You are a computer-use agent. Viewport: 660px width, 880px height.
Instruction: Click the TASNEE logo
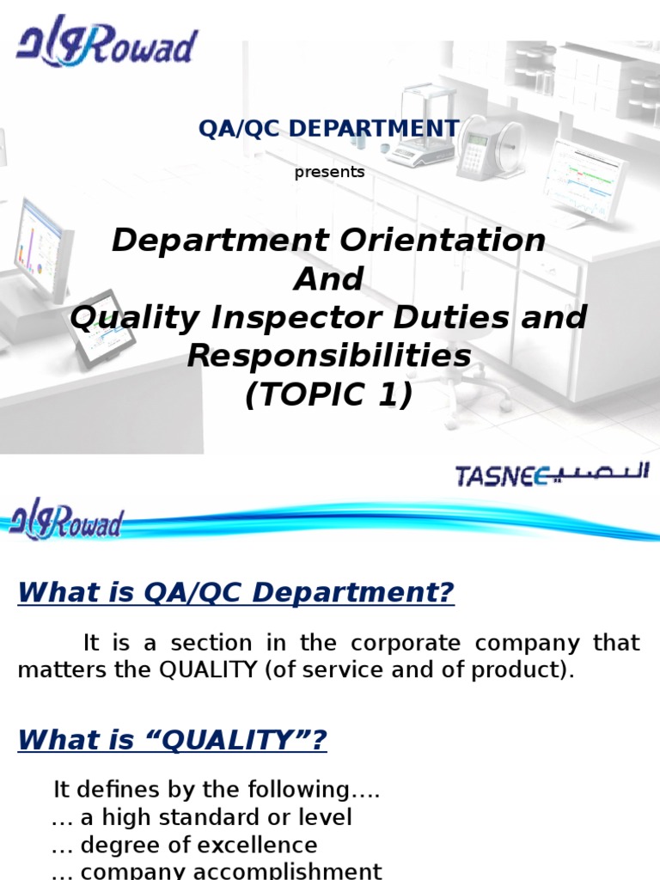551,474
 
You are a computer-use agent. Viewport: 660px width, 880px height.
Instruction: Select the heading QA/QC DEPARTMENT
329,128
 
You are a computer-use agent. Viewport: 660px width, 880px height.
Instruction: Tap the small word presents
329,172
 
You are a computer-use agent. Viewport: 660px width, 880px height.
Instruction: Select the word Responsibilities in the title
329,356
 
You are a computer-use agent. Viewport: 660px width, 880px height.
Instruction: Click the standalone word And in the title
329,279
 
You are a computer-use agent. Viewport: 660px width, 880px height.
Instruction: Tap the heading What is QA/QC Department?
235,592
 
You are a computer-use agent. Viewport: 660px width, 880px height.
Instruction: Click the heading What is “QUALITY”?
173,739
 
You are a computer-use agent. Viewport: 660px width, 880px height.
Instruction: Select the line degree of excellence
184,845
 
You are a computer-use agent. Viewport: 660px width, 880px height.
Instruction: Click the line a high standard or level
201,816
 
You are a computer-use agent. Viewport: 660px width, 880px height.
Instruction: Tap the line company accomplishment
217,871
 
